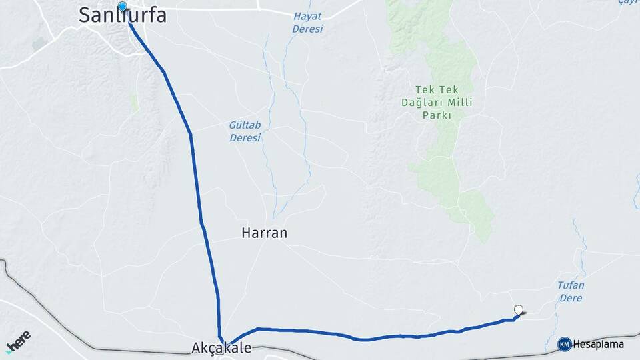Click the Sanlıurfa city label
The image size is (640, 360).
[x=123, y=15]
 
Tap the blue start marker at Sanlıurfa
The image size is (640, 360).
[x=122, y=7]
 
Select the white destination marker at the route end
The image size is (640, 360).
[x=519, y=309]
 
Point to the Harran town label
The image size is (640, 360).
[x=264, y=233]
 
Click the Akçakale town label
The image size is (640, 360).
[x=221, y=349]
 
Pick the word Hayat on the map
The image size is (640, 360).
[x=307, y=17]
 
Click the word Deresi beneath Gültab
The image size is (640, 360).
[x=245, y=138]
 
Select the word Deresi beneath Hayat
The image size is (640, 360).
[x=307, y=29]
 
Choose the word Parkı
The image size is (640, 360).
[x=437, y=115]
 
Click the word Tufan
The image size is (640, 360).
[x=571, y=285]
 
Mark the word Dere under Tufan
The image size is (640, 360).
[x=571, y=298]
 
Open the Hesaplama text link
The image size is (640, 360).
[x=599, y=345]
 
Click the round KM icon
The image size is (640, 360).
[x=565, y=344]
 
